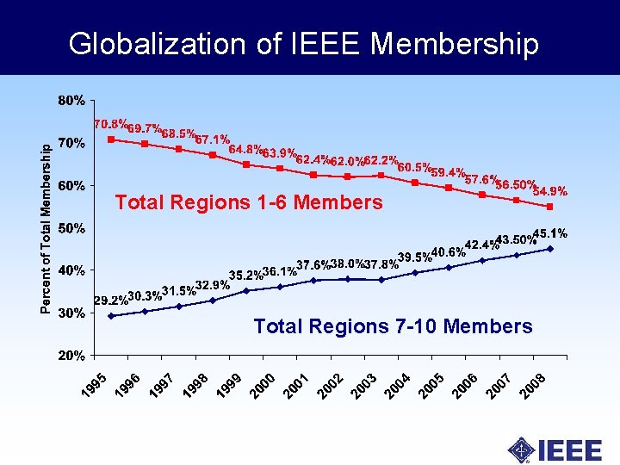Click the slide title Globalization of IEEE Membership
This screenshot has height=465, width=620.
[304, 43]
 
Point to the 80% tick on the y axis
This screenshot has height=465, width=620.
[71, 101]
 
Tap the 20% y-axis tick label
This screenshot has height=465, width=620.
[71, 355]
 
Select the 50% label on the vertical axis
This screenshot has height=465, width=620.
[71, 228]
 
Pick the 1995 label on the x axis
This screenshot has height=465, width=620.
[95, 385]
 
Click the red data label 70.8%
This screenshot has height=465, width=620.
[111, 124]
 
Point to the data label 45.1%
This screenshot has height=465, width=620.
[549, 232]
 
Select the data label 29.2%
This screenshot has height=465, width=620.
[110, 301]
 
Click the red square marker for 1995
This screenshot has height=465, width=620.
[111, 139]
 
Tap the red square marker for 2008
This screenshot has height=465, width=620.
[549, 207]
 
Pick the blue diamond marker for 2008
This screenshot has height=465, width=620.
[549, 249]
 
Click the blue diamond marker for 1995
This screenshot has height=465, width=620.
[111, 316]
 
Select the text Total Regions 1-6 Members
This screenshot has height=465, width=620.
[248, 203]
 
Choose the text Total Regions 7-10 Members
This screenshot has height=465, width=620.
[393, 326]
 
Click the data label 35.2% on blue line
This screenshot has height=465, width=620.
[245, 276]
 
